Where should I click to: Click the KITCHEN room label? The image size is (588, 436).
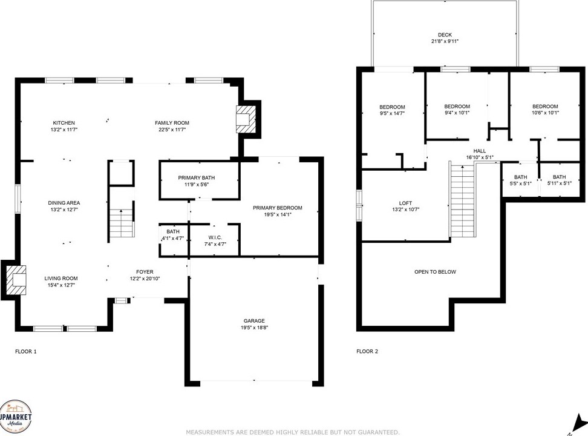64,123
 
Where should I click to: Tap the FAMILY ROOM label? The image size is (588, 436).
172,123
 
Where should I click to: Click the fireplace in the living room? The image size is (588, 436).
16,280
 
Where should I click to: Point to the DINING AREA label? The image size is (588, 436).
64,203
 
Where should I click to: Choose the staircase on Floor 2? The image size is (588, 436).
463,200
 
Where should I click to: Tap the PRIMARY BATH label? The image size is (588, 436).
197,177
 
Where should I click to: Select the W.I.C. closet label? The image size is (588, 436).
215,237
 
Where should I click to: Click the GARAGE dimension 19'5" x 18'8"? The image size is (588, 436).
254,328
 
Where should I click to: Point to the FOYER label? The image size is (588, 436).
145,272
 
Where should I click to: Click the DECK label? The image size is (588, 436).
445,35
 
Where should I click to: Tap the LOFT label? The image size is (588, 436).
405,203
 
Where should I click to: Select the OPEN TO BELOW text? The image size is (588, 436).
436,272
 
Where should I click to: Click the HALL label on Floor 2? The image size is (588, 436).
480,151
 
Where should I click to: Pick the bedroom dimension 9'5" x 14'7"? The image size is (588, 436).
392,113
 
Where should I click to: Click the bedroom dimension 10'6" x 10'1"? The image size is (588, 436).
545,112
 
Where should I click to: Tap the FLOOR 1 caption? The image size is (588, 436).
26,351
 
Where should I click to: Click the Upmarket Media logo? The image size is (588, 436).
15,417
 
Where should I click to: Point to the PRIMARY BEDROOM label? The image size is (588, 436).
278,208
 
